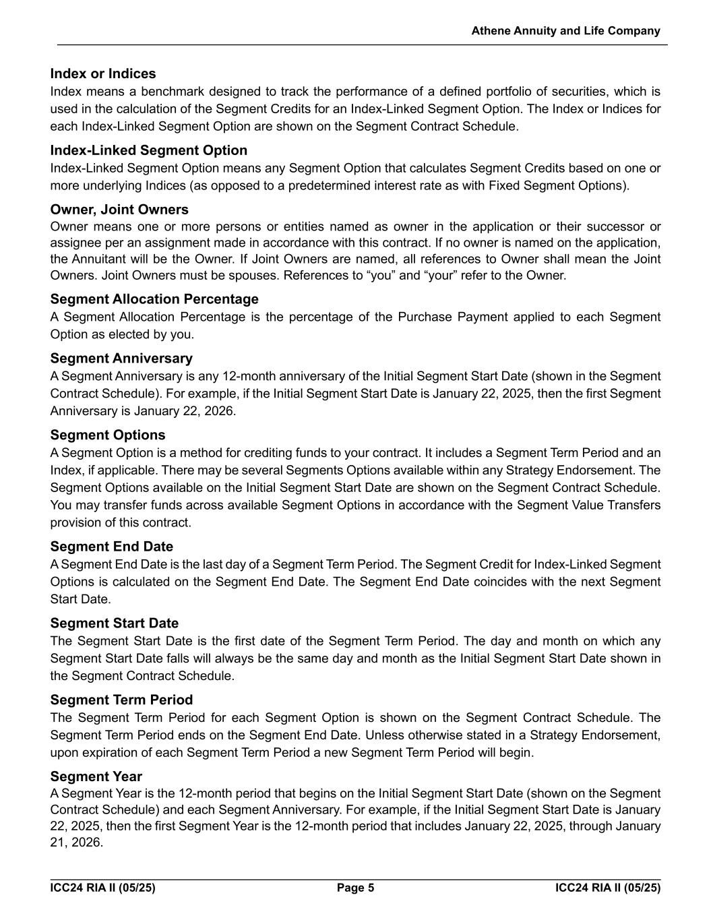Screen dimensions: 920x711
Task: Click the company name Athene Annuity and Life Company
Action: click(x=565, y=31)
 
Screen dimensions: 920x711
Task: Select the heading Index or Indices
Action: click(x=103, y=73)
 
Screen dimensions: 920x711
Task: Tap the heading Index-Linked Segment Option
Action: click(x=148, y=150)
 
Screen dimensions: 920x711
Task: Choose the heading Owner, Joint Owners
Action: click(x=119, y=210)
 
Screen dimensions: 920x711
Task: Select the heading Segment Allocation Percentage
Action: click(x=154, y=299)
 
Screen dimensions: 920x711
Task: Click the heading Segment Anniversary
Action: click(x=121, y=358)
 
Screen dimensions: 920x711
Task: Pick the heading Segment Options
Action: click(x=108, y=435)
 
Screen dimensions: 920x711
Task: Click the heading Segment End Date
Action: click(x=111, y=547)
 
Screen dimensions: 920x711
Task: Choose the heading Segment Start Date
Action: click(x=115, y=623)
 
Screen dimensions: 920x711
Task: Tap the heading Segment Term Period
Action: click(x=121, y=700)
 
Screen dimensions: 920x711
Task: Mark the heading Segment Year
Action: click(x=96, y=776)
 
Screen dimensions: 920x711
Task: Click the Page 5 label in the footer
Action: click(x=355, y=888)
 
